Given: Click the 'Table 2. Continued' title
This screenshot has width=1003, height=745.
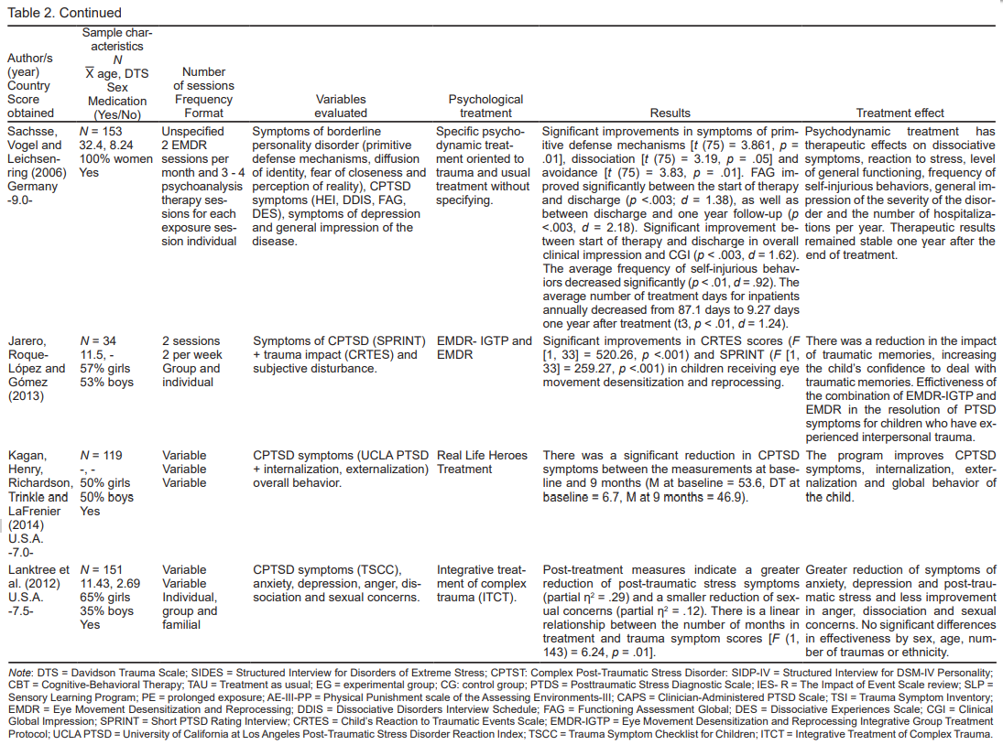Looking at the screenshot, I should (x=63, y=13).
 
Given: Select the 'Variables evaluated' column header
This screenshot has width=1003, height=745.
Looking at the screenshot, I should (x=340, y=106).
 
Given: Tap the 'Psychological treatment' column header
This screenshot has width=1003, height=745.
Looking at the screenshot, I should (x=485, y=106).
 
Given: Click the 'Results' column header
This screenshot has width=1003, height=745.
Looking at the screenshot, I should (x=670, y=113).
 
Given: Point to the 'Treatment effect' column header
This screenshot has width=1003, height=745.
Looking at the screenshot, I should (x=899, y=113).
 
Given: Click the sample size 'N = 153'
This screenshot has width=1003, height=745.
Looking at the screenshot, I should (x=100, y=131).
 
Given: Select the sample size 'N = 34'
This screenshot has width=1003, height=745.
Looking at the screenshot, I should (x=98, y=341).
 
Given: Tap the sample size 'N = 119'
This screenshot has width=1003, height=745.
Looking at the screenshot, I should (x=102, y=455).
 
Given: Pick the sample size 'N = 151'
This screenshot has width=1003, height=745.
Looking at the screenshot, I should (x=102, y=569).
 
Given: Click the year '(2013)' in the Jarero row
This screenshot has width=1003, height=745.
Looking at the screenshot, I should (x=26, y=397).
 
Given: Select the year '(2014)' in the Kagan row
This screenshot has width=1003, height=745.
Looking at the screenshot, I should (x=26, y=525).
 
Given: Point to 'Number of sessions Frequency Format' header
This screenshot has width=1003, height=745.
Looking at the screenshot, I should (x=203, y=92).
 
